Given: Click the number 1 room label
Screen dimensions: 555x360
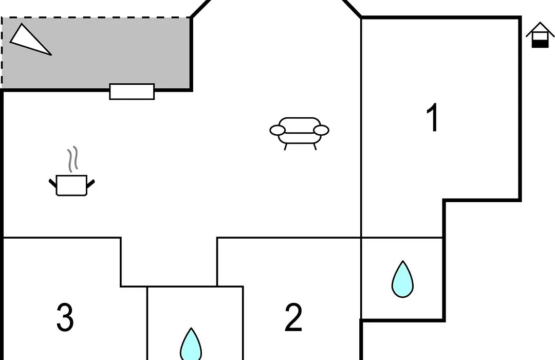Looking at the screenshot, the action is [433, 118].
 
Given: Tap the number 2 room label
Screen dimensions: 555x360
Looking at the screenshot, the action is [293, 317].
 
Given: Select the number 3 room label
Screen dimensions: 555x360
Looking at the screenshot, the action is [65, 317].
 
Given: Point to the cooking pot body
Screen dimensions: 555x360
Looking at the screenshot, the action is [71, 185].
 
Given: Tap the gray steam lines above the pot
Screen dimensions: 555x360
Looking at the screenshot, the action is [72, 159].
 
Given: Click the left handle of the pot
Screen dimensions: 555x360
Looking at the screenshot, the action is [52, 183].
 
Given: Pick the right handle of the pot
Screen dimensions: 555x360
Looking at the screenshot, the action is [90, 184].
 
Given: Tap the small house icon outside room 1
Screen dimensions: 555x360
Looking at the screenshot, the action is [540, 35].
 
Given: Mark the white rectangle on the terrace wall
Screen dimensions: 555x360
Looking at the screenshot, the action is [132, 92].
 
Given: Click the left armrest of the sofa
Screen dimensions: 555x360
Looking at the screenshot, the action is [277, 131].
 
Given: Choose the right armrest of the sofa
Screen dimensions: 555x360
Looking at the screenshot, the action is [321, 131].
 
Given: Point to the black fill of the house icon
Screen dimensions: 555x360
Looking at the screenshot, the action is [540, 44].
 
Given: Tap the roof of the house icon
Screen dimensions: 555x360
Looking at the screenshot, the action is [540, 29].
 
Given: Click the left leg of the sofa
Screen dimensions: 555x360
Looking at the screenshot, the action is [285, 147].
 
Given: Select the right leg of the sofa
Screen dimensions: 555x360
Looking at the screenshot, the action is [314, 147].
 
